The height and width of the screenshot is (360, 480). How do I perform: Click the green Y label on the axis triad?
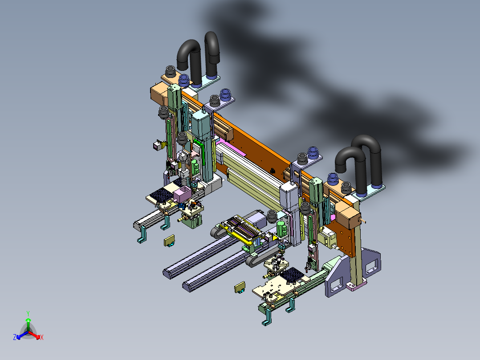click(28, 314)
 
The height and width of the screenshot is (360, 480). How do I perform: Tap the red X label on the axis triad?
click(42, 337)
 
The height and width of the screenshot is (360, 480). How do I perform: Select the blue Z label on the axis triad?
click(15, 337)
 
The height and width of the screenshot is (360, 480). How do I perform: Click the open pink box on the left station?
click(183, 194)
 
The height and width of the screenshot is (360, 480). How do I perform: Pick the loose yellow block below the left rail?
click(169, 241)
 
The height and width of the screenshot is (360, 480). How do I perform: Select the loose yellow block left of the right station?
click(240, 287)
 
